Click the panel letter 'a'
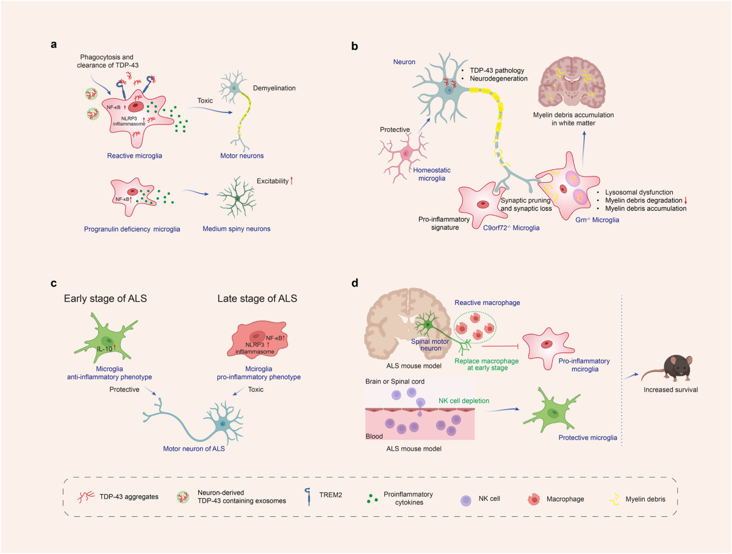click(x=55, y=45)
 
